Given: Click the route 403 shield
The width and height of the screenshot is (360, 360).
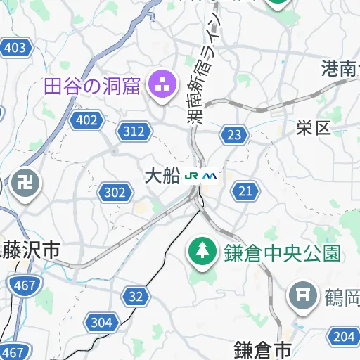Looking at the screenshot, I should (14, 48).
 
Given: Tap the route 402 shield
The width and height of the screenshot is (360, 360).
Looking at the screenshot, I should (86, 120).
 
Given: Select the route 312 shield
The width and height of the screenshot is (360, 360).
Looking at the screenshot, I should (134, 130).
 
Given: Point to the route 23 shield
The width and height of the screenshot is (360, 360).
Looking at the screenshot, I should (234, 134).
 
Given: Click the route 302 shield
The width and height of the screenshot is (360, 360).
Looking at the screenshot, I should (115, 192).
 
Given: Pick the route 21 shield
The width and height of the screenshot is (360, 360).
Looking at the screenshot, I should (245, 191).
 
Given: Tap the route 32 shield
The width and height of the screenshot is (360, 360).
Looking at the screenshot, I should (136, 296).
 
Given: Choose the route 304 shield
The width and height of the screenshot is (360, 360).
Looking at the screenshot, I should (101, 323).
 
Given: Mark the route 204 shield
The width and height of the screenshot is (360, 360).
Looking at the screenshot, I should (344, 336).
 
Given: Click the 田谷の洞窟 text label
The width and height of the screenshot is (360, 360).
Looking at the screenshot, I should (92, 86).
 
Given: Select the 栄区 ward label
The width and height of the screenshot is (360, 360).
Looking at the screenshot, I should (313, 128).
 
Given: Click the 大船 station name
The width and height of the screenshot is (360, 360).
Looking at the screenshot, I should (162, 176).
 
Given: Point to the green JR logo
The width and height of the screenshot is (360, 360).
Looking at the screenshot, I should (192, 176).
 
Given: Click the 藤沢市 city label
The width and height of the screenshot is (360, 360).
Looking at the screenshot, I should (30, 249).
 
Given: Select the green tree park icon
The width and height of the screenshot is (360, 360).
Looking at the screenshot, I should (202, 250).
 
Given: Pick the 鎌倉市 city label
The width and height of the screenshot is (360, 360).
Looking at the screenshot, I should (262, 349).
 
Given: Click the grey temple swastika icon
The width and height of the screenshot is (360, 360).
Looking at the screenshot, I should (26, 184).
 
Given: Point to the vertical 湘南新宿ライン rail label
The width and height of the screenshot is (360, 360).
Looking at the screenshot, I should (203, 70).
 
